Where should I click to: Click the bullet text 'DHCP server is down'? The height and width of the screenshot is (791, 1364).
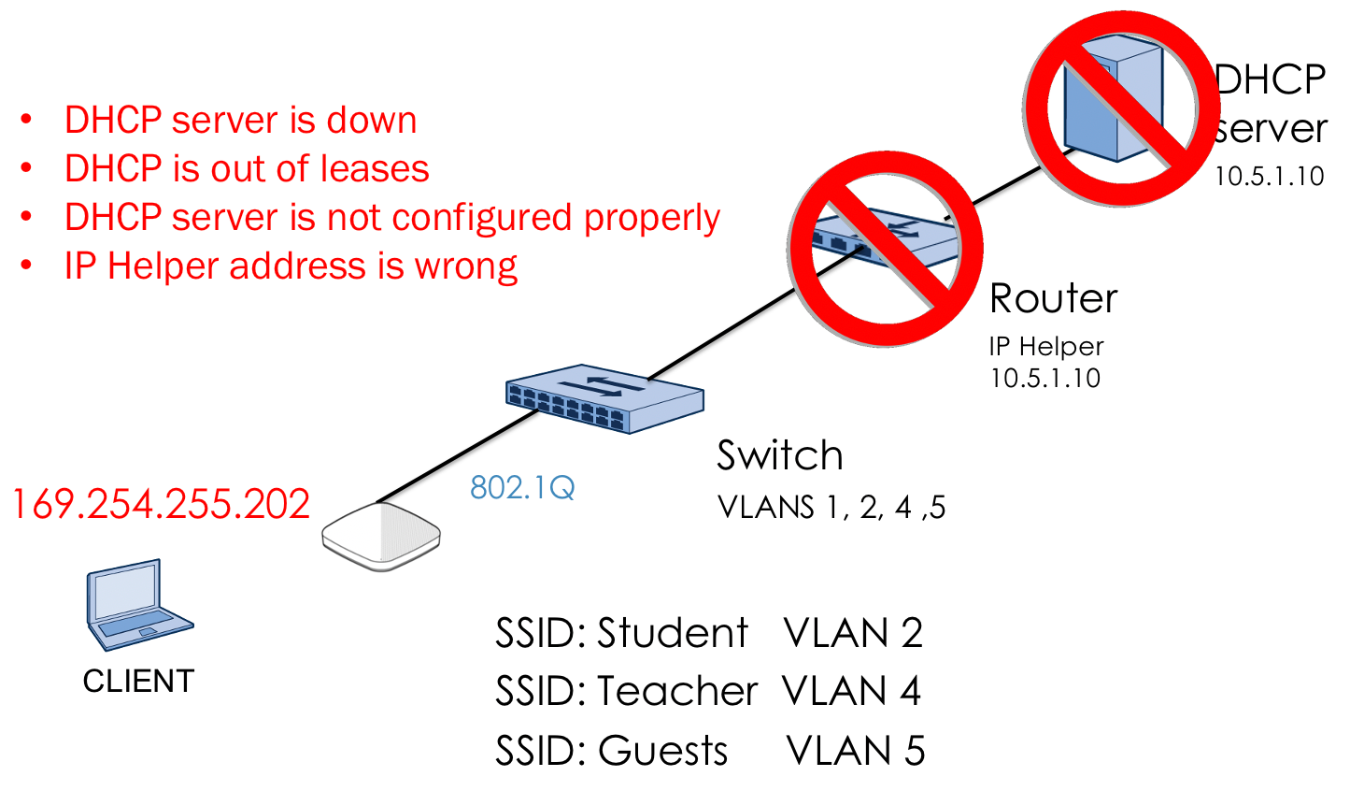pyautogui.click(x=240, y=121)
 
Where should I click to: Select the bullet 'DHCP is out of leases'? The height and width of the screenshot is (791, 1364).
pyautogui.click(x=247, y=169)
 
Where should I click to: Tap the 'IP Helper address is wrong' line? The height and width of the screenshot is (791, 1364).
pyautogui.click(x=291, y=266)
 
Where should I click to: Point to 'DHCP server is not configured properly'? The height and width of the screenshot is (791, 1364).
pyautogui.click(x=391, y=218)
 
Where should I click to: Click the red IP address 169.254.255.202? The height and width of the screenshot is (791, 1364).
pyautogui.click(x=161, y=504)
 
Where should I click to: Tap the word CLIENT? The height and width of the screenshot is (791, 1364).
pyautogui.click(x=138, y=681)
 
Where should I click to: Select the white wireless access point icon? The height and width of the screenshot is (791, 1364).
pyautogui.click(x=381, y=537)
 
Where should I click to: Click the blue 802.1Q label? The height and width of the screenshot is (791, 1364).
pyautogui.click(x=522, y=487)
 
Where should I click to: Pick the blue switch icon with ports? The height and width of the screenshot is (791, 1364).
pyautogui.click(x=604, y=398)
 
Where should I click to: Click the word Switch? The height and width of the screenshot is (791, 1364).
pyautogui.click(x=780, y=456)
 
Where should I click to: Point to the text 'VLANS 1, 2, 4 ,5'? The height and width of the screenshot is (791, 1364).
pyautogui.click(x=831, y=507)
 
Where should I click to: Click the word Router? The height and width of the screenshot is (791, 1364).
pyautogui.click(x=1053, y=299)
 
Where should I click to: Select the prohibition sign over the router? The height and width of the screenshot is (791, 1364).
pyautogui.click(x=885, y=250)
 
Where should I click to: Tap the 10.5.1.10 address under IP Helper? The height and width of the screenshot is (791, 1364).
pyautogui.click(x=1045, y=378)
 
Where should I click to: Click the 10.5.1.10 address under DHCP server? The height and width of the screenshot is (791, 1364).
pyautogui.click(x=1269, y=177)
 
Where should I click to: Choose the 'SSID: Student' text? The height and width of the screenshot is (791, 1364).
pyautogui.click(x=621, y=633)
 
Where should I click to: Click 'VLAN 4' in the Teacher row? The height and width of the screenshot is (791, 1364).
pyautogui.click(x=852, y=692)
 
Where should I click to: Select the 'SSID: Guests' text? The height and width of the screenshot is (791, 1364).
pyautogui.click(x=612, y=751)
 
